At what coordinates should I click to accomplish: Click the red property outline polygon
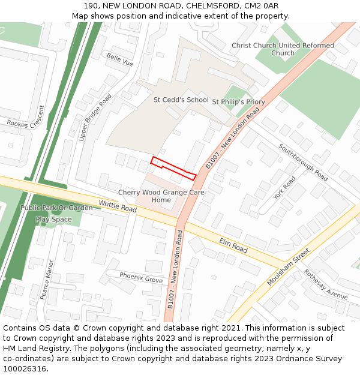173,168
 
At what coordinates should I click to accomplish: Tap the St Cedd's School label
181,100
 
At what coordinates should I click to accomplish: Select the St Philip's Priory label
238,102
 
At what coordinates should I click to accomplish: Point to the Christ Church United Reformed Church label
283,49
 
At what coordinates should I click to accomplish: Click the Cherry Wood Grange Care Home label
161,196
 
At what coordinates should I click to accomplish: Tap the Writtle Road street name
118,206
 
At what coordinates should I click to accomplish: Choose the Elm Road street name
233,245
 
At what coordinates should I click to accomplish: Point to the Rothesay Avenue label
325,284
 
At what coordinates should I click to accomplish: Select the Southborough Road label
303,162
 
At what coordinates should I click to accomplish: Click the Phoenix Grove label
141,277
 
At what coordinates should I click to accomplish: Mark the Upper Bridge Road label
95,118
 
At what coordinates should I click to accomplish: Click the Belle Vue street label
119,59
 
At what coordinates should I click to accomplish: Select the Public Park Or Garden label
56,208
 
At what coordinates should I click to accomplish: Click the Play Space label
53,220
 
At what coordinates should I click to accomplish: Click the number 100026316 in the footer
25,368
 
